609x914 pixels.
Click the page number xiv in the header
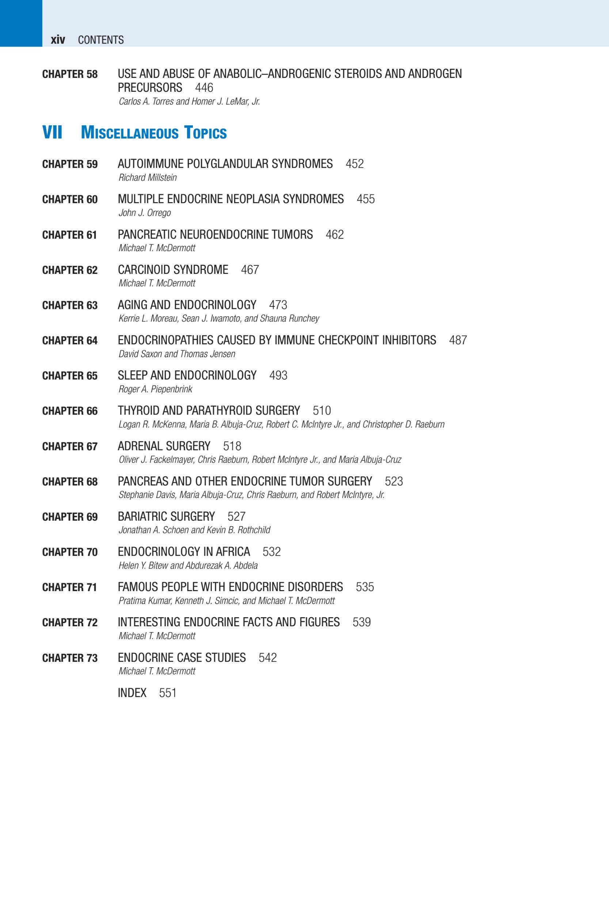57,39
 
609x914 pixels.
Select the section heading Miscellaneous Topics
154,133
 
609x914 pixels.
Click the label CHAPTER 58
70,74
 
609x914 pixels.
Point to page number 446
204,87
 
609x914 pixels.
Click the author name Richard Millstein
148,178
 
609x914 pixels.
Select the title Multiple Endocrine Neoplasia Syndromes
231,199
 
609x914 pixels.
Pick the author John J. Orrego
144,213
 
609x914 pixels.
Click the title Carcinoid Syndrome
173,270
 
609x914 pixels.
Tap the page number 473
278,305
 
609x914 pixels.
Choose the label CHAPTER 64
70,340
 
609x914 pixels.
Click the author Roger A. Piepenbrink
155,389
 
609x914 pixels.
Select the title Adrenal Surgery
164,446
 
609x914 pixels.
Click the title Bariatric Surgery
166,517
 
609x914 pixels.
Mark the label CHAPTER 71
70,587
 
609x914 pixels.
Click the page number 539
362,622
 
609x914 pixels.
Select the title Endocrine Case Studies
182,657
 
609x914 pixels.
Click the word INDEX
132,693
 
